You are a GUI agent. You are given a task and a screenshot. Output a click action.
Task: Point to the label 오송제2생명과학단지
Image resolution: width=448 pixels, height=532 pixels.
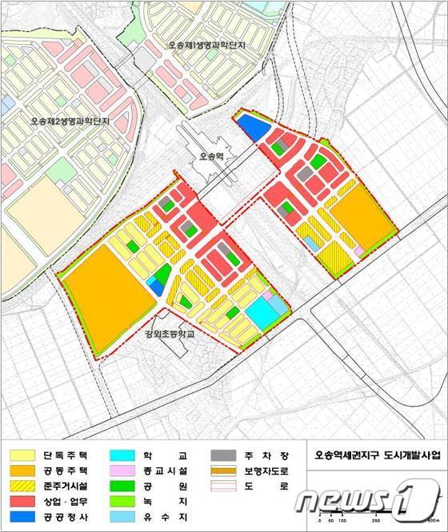click(69, 121)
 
